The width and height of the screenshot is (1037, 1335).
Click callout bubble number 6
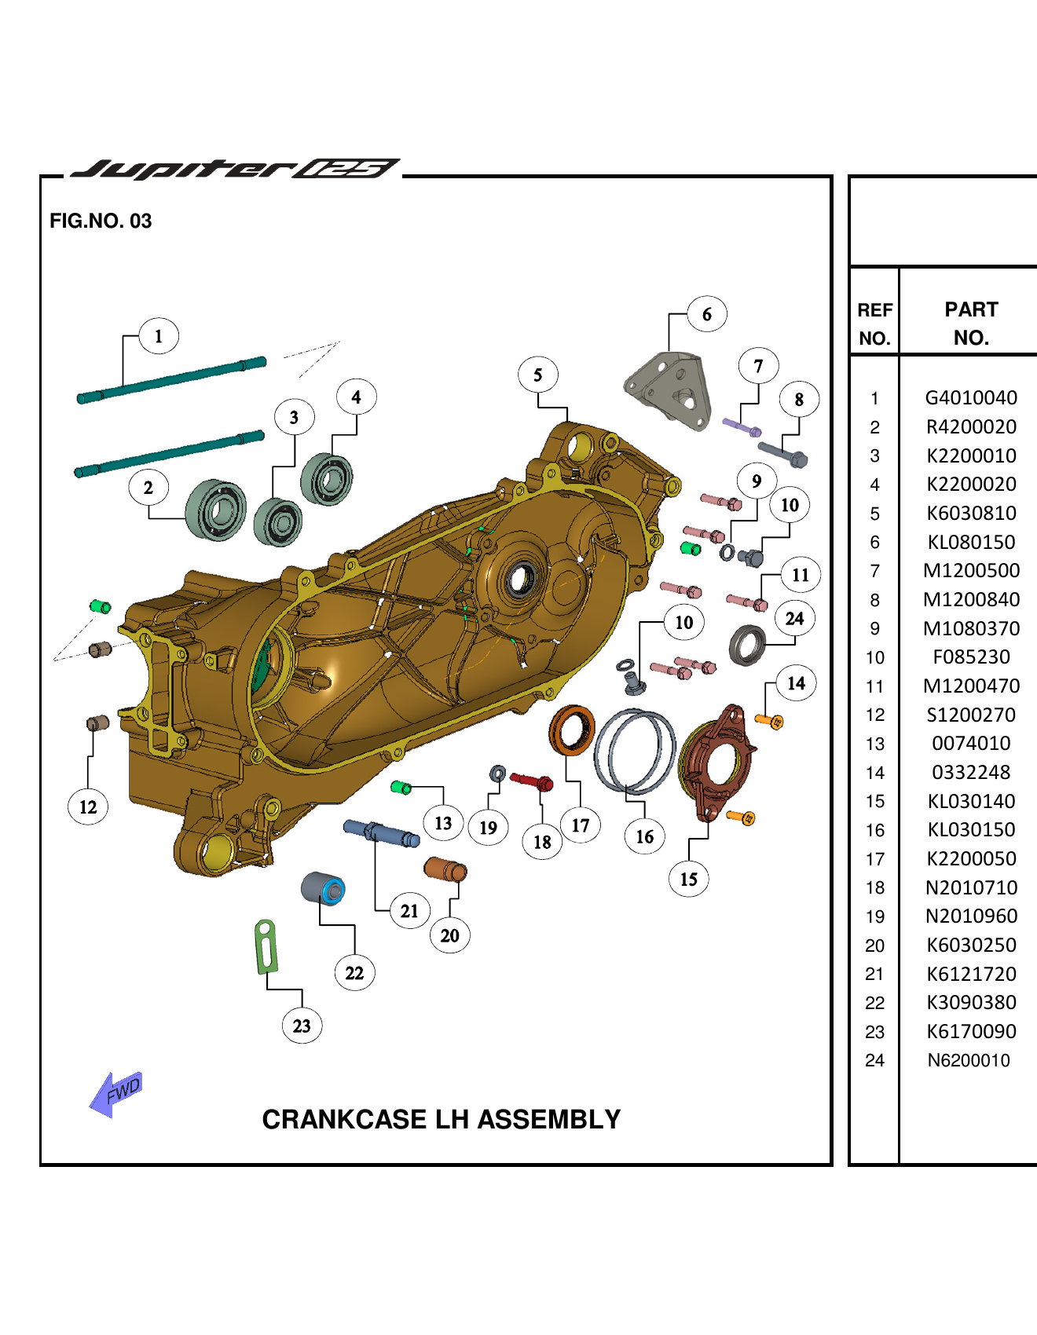pos(706,314)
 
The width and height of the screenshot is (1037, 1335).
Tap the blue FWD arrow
pos(116,1093)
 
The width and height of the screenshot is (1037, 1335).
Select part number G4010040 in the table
pos(970,398)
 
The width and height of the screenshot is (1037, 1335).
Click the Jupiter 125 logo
pos(234,169)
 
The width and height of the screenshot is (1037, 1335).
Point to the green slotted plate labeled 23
pos(266,947)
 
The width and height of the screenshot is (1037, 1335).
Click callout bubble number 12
pos(88,806)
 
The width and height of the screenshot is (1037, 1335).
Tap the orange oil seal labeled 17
pos(571,730)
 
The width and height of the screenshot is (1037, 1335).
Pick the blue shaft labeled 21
pos(381,832)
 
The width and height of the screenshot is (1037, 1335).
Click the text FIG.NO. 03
pos(101,221)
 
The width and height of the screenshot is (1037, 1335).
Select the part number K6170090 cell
pos(970,1031)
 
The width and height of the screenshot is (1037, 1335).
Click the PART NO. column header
pos(970,323)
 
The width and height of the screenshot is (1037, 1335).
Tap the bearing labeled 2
pos(215,510)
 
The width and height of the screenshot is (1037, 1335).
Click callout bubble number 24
pos(794,619)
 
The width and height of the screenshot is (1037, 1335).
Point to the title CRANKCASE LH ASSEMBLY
pos(441,1119)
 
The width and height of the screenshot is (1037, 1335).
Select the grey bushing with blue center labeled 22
pos(323,888)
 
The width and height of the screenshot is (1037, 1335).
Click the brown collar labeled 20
pos(445,869)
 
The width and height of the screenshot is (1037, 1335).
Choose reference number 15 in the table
pos(874,801)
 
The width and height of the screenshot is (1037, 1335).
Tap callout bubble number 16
pos(644,836)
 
